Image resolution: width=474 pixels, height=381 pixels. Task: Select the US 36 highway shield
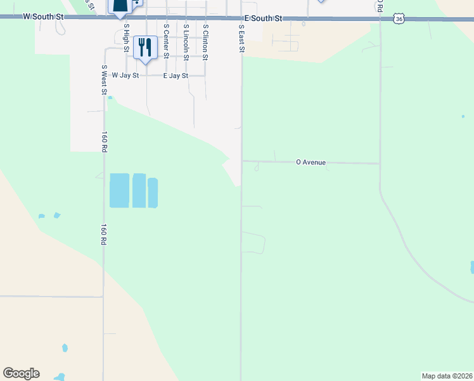(398, 20)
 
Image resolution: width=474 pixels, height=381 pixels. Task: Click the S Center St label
(166, 41)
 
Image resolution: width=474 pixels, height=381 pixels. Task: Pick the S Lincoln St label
(186, 43)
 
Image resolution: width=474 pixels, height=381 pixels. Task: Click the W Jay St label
(125, 75)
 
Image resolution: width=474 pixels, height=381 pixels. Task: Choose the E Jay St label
(176, 76)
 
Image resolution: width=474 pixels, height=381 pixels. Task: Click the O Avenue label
(311, 163)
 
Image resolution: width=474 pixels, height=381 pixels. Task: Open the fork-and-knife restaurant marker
(145, 48)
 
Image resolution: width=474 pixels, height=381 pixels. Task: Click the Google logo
(21, 373)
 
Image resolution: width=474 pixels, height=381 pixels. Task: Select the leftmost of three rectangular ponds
(119, 190)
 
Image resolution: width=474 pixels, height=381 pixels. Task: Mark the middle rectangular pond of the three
(139, 190)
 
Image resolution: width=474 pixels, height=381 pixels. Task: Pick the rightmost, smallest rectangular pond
(153, 193)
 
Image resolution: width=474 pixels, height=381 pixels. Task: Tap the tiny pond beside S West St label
(110, 97)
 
